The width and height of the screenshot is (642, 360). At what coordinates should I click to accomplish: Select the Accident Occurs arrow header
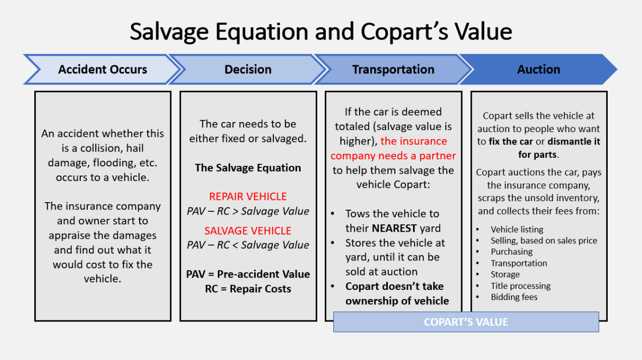(x=102, y=70)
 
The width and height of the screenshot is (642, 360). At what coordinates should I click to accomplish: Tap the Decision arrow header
(x=248, y=70)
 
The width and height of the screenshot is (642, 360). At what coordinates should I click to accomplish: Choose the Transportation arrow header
(x=393, y=70)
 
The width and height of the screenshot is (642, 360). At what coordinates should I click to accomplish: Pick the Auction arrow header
(x=538, y=70)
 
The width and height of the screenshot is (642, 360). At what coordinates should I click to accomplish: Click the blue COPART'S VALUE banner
(x=465, y=322)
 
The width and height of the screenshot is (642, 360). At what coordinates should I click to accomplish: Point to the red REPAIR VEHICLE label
(x=248, y=196)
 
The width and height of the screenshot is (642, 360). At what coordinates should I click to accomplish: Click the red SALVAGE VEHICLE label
(x=248, y=231)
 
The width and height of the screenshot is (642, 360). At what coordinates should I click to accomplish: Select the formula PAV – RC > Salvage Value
(x=248, y=211)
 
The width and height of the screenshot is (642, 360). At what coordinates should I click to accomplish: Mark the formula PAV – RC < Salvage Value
(x=248, y=245)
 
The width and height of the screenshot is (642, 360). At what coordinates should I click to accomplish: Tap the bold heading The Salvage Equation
(x=248, y=167)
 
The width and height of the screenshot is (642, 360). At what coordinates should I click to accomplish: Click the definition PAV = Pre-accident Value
(x=248, y=274)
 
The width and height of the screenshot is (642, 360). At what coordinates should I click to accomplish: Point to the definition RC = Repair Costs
(x=248, y=289)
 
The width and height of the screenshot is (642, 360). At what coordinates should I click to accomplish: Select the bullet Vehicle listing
(x=517, y=229)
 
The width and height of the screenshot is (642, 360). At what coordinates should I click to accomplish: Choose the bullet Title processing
(x=521, y=286)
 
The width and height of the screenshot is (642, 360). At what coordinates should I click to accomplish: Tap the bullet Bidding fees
(x=514, y=297)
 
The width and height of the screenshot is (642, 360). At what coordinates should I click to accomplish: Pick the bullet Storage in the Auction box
(x=505, y=274)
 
